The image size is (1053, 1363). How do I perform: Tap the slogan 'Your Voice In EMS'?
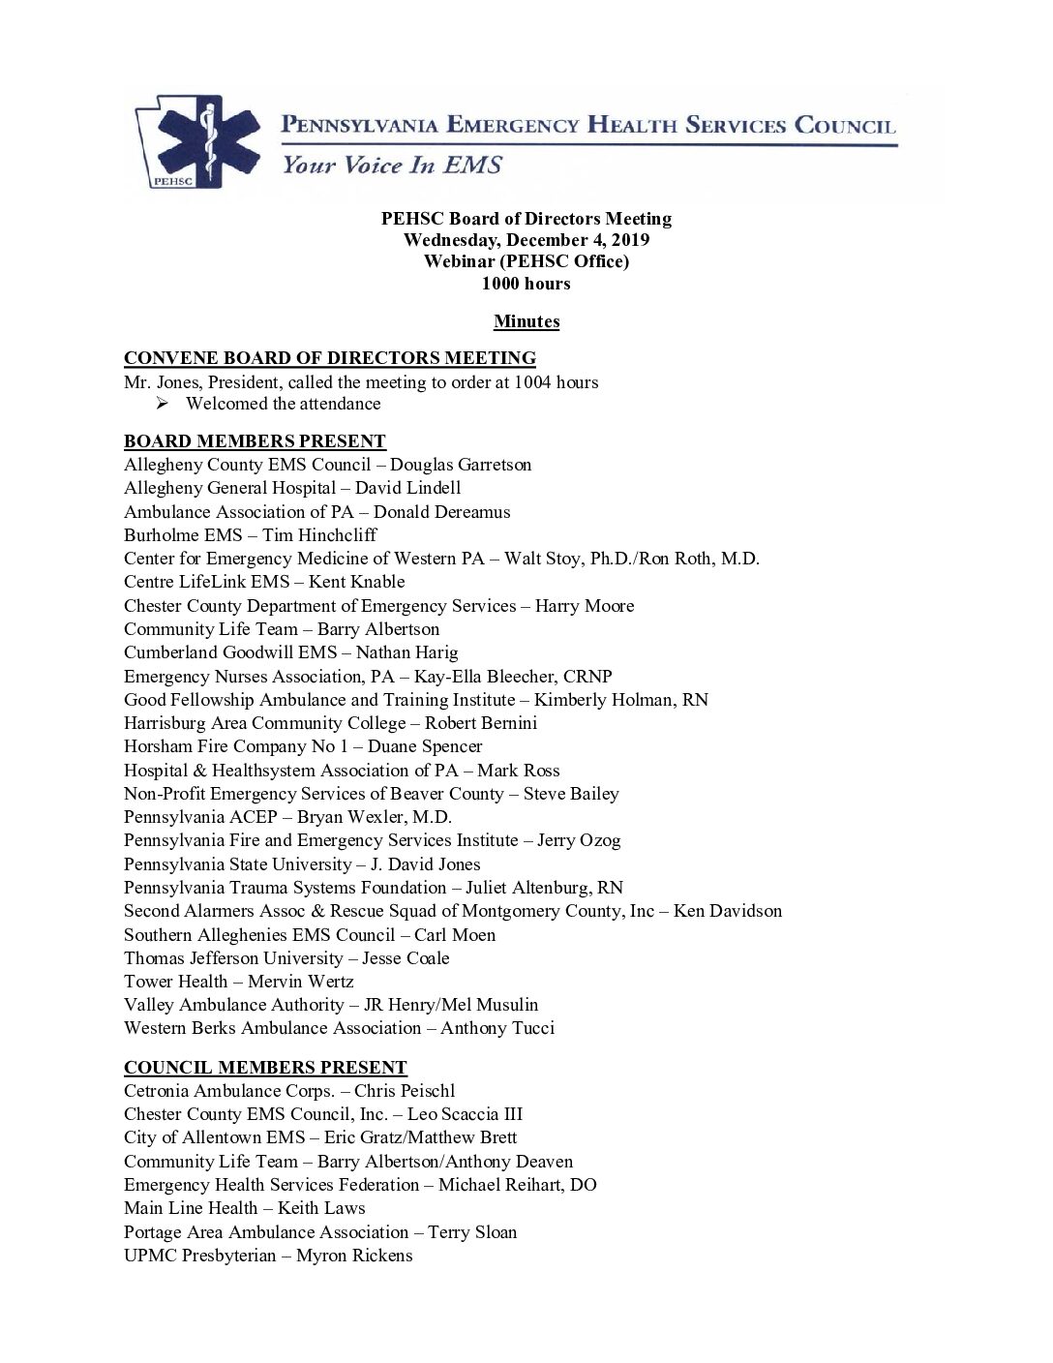tap(392, 165)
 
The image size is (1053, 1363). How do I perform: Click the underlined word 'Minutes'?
tap(526, 321)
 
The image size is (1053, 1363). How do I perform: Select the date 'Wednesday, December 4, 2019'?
tap(526, 240)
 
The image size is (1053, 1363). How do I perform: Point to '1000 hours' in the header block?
tap(526, 284)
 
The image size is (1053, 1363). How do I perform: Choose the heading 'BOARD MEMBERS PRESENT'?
tap(255, 441)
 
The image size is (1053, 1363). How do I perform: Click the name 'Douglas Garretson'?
tap(461, 465)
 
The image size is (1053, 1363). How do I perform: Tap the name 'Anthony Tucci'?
tap(497, 1028)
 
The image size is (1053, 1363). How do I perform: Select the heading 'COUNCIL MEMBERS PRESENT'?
tap(265, 1068)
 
